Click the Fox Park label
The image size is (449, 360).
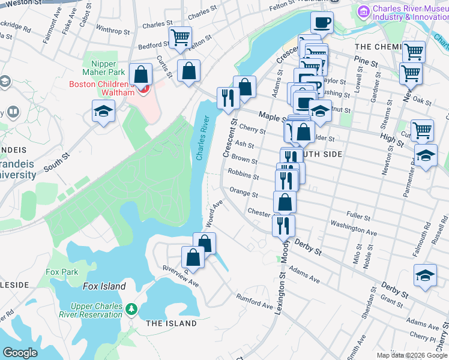[62, 272]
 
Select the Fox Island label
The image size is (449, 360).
[104, 286]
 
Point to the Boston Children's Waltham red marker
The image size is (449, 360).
[143, 90]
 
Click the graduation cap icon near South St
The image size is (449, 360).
[103, 111]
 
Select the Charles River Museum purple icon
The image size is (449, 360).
[363, 11]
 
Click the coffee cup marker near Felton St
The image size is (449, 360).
[322, 23]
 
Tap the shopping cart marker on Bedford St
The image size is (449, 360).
[180, 38]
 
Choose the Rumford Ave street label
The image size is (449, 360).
[255, 301]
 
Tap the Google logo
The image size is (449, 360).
[20, 353]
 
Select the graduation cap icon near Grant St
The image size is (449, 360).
[425, 275]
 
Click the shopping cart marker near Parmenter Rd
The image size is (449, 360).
[423, 129]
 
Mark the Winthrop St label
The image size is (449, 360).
[112, 29]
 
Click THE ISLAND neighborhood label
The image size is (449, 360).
[171, 323]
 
